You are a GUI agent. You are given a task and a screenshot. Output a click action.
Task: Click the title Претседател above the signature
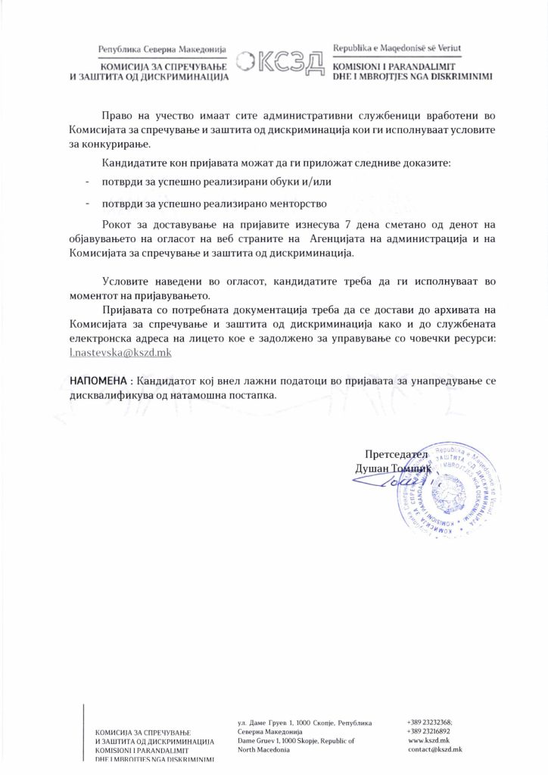[x=396, y=454]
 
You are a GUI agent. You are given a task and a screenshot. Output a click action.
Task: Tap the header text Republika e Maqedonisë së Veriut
[x=397, y=49]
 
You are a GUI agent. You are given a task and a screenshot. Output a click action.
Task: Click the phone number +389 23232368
[x=429, y=723]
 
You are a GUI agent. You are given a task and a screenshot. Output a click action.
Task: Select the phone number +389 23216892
[x=429, y=732]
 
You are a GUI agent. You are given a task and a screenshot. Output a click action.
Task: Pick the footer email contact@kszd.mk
[x=435, y=749]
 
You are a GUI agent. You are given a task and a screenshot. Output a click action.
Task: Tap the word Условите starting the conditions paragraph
[x=125, y=281]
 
